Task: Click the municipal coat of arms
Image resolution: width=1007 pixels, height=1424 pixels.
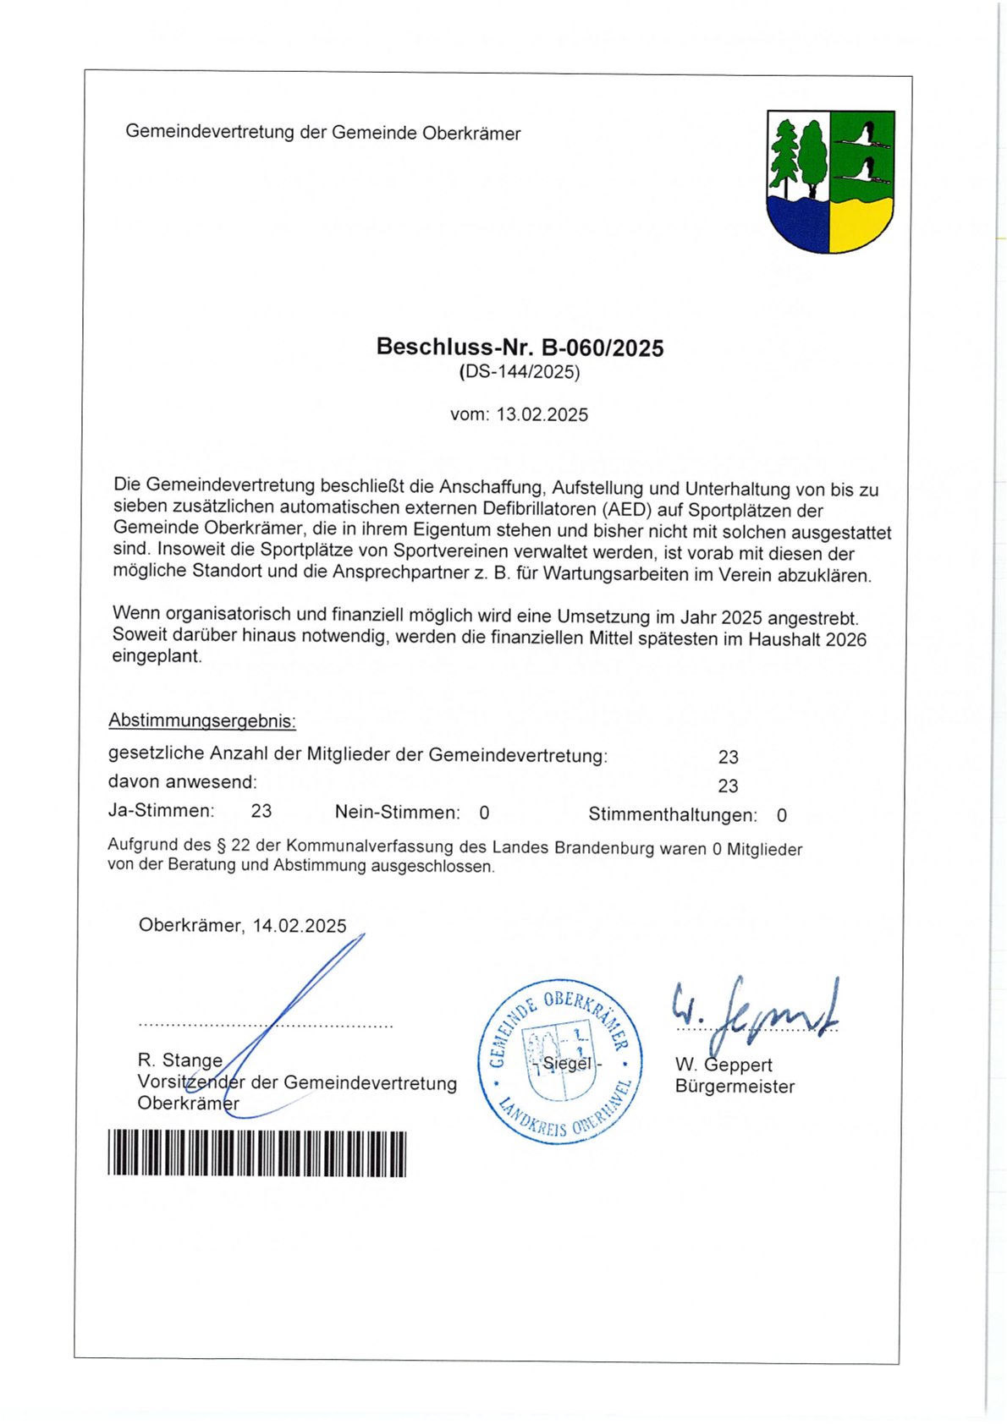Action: [x=830, y=181]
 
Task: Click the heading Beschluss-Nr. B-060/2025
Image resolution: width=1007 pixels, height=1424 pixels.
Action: [x=520, y=348]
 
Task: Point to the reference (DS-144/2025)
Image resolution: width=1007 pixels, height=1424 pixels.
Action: [x=520, y=372]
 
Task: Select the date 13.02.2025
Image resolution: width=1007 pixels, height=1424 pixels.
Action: [x=542, y=414]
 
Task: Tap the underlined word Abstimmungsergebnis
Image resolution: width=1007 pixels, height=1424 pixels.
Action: [x=202, y=721]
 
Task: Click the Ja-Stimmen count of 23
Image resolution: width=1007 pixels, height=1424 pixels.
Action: [x=261, y=811]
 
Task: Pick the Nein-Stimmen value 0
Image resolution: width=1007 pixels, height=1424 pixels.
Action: [x=484, y=813]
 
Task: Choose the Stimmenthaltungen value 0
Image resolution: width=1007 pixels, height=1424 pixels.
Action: [x=782, y=815]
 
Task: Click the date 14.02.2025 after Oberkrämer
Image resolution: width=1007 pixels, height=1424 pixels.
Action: [x=300, y=926]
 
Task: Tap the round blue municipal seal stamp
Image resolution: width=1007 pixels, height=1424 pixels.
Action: [x=560, y=1062]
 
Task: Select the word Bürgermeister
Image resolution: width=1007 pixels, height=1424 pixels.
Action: [x=735, y=1087]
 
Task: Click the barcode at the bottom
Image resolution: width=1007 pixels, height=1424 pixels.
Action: [x=256, y=1153]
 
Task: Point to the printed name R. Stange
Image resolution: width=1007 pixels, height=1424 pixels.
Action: [x=180, y=1060]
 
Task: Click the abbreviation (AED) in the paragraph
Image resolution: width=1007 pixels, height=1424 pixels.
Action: [x=628, y=510]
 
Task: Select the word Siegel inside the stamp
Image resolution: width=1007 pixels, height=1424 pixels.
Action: [x=567, y=1063]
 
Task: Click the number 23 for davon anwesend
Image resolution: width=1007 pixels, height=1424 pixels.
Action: [x=728, y=786]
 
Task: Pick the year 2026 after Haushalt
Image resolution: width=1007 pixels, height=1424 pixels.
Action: [x=846, y=639]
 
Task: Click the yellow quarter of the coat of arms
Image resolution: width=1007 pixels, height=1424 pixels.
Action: [x=861, y=225]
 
